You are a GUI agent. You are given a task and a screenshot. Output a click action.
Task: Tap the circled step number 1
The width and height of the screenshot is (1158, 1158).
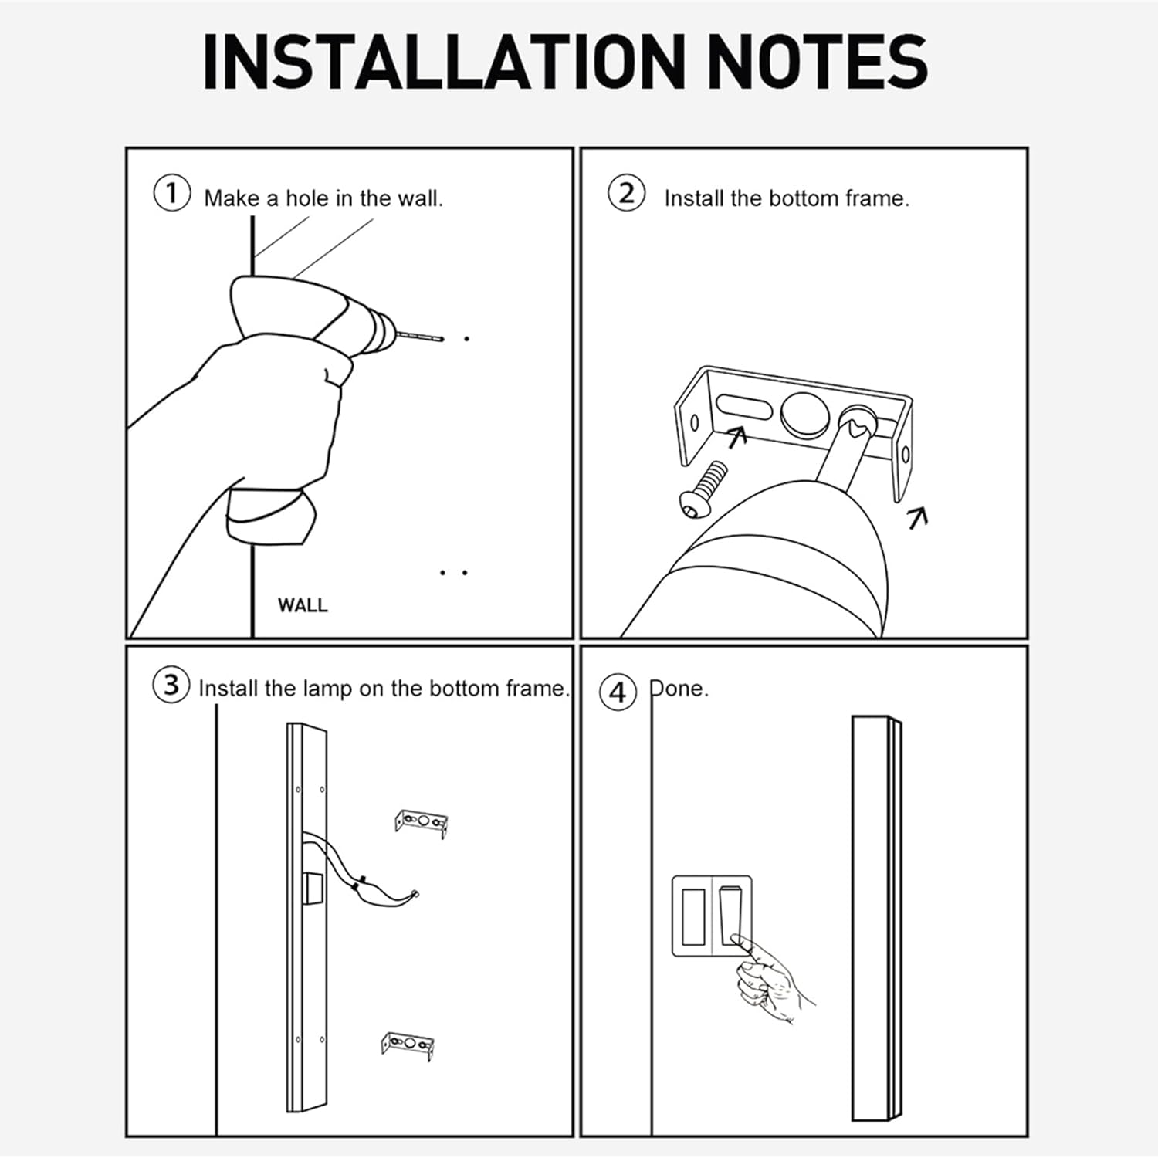click(171, 193)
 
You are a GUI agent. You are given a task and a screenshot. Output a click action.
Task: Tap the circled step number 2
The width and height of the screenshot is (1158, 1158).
click(626, 193)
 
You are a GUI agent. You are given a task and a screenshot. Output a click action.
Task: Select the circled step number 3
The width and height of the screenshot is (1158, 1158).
click(171, 685)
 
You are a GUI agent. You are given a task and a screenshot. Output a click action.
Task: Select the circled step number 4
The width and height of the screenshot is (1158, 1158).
click(618, 692)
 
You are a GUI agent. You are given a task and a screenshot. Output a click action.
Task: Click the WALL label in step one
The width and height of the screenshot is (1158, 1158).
click(303, 605)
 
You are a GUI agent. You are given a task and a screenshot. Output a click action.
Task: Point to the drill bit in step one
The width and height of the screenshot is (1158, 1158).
click(420, 337)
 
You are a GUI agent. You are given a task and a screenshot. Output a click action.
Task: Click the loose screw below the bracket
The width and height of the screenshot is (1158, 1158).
click(703, 488)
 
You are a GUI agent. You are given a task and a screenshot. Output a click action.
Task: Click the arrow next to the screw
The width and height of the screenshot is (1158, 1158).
click(737, 437)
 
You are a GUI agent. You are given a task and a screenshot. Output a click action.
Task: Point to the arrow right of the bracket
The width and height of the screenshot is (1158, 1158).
click(918, 517)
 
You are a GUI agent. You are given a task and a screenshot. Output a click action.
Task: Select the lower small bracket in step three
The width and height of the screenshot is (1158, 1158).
click(407, 1046)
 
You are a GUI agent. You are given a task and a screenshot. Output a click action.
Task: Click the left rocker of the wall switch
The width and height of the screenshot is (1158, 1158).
click(692, 916)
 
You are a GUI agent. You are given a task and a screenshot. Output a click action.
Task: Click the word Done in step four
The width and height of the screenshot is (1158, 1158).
click(679, 688)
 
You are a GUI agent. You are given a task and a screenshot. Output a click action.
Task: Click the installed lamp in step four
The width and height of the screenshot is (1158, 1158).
click(877, 919)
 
